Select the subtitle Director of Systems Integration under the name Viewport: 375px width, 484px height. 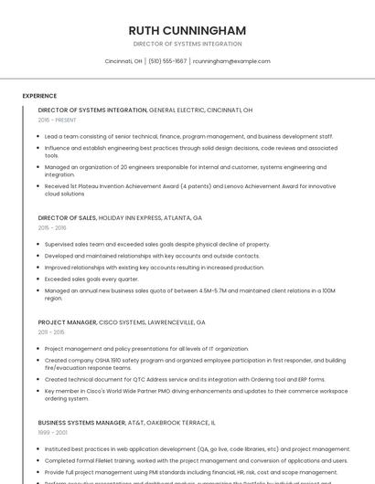187,44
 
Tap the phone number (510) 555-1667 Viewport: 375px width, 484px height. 167,61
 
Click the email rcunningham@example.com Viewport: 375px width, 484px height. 231,61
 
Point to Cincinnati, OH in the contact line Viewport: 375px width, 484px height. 123,61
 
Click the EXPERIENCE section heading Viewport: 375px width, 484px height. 39,96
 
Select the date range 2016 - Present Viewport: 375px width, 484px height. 57,120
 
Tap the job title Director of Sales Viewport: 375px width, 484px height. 67,218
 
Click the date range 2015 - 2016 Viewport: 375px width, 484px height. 52,228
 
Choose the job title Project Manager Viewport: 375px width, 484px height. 67,322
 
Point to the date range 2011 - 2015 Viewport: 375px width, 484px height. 51,332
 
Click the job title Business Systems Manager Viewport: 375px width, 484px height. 81,423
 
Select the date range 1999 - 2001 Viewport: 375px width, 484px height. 52,433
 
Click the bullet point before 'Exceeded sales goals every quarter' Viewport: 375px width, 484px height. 39,279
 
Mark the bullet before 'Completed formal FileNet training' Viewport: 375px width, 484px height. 39,460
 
